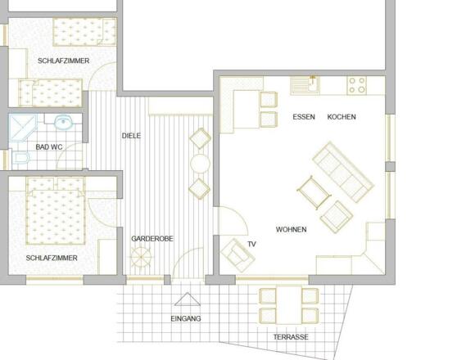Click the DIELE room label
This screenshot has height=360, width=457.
(x=131, y=136)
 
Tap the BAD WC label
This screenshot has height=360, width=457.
(x=49, y=147)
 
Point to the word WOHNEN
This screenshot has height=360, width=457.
(x=291, y=230)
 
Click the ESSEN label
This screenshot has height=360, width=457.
(x=304, y=117)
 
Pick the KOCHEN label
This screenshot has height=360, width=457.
(x=342, y=117)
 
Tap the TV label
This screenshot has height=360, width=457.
(x=251, y=244)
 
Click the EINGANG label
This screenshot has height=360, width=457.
(x=185, y=318)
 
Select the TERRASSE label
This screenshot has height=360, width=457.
(x=291, y=337)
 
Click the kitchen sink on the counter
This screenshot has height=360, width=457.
(x=305, y=84)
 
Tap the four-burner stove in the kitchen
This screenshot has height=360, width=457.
(x=357, y=84)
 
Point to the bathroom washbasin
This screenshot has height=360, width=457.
(x=63, y=124)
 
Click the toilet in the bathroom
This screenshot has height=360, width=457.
(x=20, y=159)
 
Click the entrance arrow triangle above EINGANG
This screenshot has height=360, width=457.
(x=186, y=299)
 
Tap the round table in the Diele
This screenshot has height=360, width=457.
(x=200, y=163)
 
